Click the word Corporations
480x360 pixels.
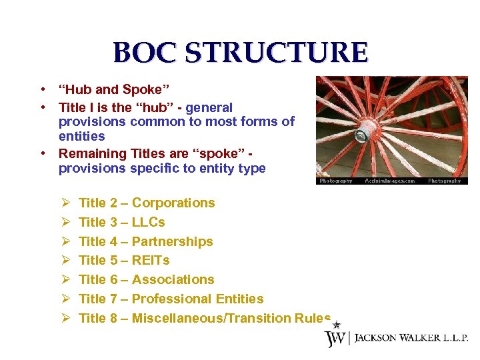pos(173,203)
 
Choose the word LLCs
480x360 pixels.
pos(148,222)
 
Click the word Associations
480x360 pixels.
pos(173,279)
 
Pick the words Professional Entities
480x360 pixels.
pos(197,299)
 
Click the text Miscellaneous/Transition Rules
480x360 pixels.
pos(231,318)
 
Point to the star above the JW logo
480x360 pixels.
pos(337,324)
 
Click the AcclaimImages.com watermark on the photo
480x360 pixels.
pos(390,181)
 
